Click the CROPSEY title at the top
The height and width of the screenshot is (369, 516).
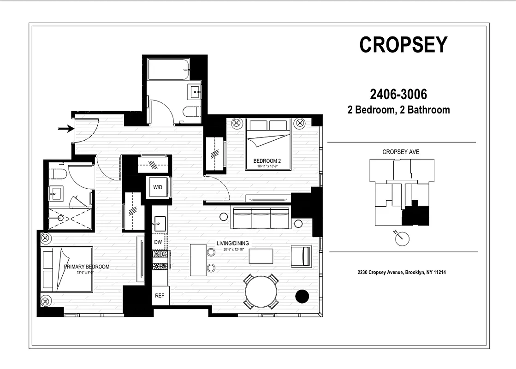(x=403, y=45)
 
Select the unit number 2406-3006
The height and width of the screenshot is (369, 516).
(x=398, y=95)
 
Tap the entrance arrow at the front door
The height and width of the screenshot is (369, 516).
(x=66, y=129)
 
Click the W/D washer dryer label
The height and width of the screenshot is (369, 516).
(x=158, y=187)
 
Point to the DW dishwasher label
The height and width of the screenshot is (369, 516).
(x=158, y=242)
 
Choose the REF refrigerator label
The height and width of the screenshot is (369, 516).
(x=160, y=296)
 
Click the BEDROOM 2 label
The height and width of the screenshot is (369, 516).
(x=267, y=161)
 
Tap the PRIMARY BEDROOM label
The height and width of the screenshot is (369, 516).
(x=87, y=267)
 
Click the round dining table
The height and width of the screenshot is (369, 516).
(x=261, y=292)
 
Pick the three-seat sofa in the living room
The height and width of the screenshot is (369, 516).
(x=261, y=218)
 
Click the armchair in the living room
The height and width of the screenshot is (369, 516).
(x=301, y=256)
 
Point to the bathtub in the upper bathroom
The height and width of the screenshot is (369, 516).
(x=168, y=69)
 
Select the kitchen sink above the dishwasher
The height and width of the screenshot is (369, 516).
(x=160, y=223)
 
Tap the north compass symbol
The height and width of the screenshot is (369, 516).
(x=402, y=238)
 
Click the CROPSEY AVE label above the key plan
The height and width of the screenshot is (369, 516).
(x=401, y=152)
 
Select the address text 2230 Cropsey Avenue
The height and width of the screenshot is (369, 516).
(x=401, y=273)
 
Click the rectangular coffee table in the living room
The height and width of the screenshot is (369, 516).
(x=261, y=256)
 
